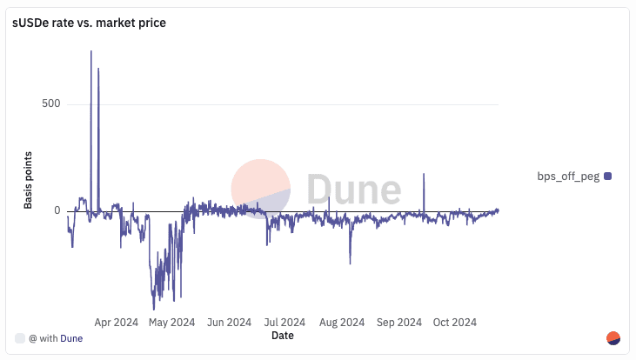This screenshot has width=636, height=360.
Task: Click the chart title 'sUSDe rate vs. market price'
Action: click(x=89, y=23)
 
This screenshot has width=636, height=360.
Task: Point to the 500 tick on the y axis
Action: click(x=51, y=104)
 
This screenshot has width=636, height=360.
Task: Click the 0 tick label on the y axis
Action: click(x=57, y=210)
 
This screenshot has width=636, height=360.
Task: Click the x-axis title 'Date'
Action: click(x=283, y=335)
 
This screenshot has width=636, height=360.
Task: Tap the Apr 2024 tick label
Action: click(x=116, y=323)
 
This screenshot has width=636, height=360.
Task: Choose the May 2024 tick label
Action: click(x=171, y=323)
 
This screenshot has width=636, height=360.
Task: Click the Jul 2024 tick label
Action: click(x=284, y=323)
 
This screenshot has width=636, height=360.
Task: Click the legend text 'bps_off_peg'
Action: click(x=568, y=177)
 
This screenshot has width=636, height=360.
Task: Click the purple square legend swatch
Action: click(x=608, y=177)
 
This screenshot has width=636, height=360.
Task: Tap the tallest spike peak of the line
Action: click(x=91, y=51)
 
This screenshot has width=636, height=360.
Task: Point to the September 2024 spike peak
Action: click(x=424, y=174)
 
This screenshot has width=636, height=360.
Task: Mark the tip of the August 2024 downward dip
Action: click(x=350, y=263)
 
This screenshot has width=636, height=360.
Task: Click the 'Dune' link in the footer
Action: click(x=71, y=338)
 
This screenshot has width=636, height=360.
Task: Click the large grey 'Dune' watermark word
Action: click(x=353, y=189)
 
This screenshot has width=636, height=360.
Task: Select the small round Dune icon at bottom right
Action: click(x=613, y=338)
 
